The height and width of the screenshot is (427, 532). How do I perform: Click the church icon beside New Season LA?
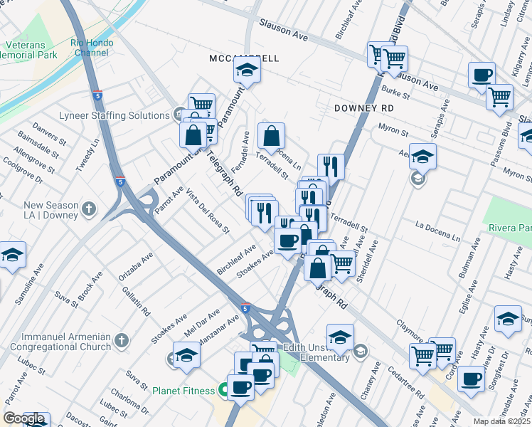coord(88,209)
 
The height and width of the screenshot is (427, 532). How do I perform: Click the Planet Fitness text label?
coord(183,391)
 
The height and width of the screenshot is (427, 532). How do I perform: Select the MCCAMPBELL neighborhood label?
coord(245,58)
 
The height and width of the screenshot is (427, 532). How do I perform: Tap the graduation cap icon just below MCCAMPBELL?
coord(248,70)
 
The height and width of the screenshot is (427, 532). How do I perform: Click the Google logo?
coord(23,418)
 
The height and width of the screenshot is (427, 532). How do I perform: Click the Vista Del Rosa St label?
coord(208,212)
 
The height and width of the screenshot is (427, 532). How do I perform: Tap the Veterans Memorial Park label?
coord(28,49)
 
